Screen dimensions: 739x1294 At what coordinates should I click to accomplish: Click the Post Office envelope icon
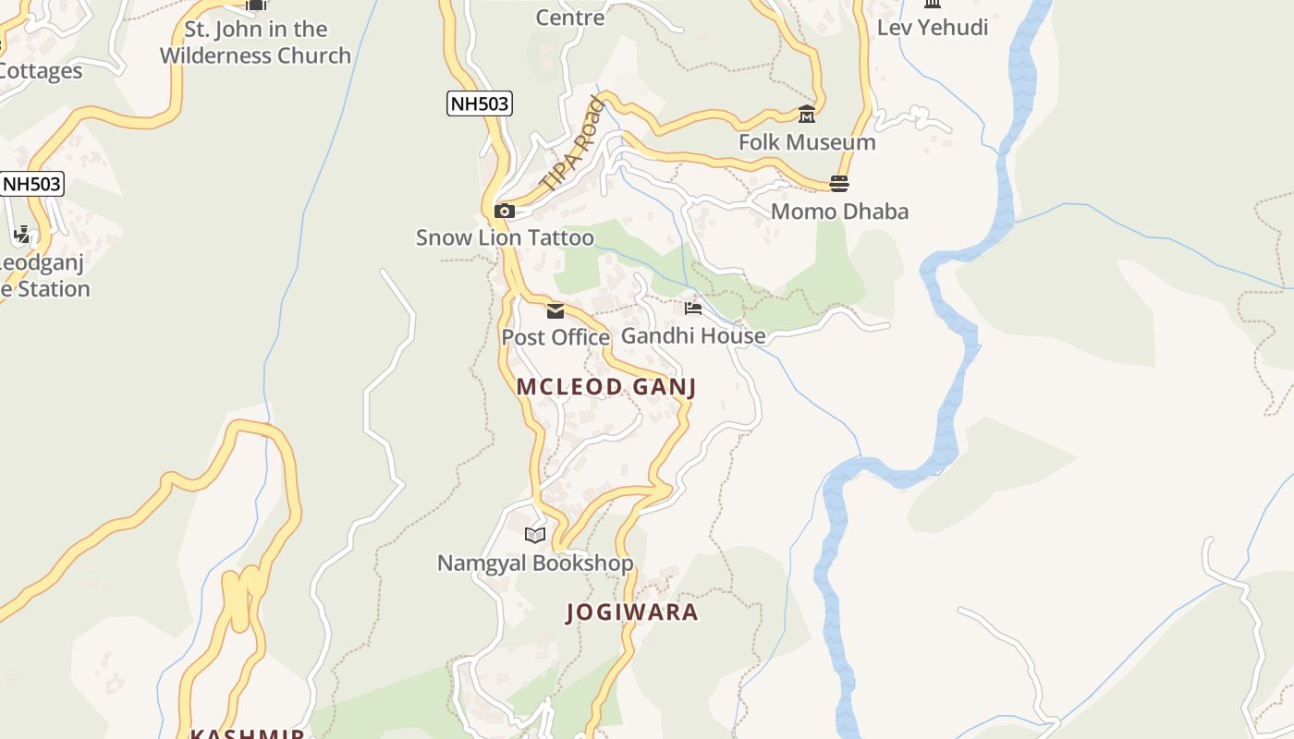click(555, 311)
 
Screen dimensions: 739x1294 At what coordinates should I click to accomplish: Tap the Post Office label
click(555, 337)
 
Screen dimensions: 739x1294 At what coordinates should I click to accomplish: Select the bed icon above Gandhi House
click(693, 309)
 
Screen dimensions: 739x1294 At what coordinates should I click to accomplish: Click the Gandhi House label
click(693, 335)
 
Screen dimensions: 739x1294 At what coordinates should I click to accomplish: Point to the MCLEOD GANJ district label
click(605, 387)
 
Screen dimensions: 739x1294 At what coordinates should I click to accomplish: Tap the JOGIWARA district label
click(632, 612)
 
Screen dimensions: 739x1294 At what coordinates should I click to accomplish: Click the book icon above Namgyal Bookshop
click(535, 535)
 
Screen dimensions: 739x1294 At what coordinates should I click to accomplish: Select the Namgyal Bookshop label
click(535, 563)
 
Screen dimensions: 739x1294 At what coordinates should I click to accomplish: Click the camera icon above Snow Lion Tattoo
click(505, 211)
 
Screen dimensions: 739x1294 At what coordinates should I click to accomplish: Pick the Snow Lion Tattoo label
click(505, 237)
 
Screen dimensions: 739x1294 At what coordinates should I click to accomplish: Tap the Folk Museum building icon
click(807, 115)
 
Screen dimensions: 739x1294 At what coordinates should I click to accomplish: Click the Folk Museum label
click(807, 142)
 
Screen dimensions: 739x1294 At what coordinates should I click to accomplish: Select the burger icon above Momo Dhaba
click(839, 184)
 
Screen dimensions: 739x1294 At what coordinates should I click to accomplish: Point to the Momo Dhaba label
click(839, 212)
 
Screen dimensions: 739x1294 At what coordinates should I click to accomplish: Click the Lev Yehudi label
click(933, 28)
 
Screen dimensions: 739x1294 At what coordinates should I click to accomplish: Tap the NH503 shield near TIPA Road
click(480, 103)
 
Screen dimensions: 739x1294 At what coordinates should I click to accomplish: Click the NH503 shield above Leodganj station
click(32, 184)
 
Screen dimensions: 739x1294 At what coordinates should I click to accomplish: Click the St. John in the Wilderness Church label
click(255, 42)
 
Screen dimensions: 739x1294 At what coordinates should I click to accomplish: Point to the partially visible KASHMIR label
click(248, 733)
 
